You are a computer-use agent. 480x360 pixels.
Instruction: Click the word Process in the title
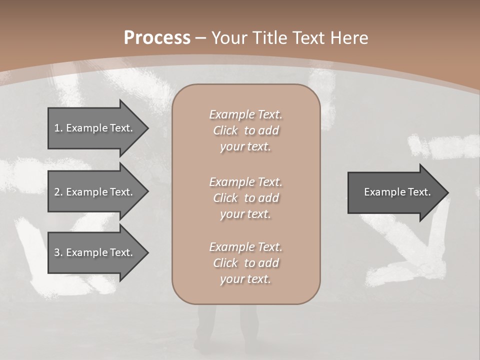pyautogui.click(x=157, y=38)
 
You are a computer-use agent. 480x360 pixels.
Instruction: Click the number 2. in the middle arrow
pyautogui.click(x=58, y=192)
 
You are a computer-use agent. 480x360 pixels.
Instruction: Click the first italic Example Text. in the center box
pyautogui.click(x=245, y=114)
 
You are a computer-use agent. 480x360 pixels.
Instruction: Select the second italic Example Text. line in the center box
pyautogui.click(x=245, y=181)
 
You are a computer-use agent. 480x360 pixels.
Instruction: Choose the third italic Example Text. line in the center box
pyautogui.click(x=245, y=247)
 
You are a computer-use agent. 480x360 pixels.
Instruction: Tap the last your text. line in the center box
pyautogui.click(x=245, y=279)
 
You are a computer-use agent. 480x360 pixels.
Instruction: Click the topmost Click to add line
pyautogui.click(x=245, y=130)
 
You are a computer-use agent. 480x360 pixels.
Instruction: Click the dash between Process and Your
pyautogui.click(x=201, y=38)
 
